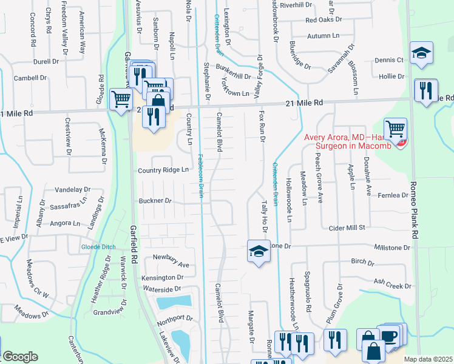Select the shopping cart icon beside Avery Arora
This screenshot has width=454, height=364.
click(x=395, y=129)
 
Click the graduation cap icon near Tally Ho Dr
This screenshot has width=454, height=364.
click(x=259, y=251)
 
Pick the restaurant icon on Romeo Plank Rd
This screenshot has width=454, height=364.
click(x=425, y=91)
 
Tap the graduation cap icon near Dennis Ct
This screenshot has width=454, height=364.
click(x=421, y=53)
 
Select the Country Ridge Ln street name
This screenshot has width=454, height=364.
click(x=163, y=170)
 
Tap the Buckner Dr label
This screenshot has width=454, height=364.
click(x=155, y=201)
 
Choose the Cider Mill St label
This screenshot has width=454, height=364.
click(x=345, y=227)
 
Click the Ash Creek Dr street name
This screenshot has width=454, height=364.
click(x=393, y=283)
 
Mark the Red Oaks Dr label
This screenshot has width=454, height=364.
click(x=325, y=20)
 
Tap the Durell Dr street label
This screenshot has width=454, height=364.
click(x=47, y=61)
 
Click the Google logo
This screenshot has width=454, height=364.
click(x=19, y=357)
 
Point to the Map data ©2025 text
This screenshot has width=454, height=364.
click(x=427, y=359)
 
